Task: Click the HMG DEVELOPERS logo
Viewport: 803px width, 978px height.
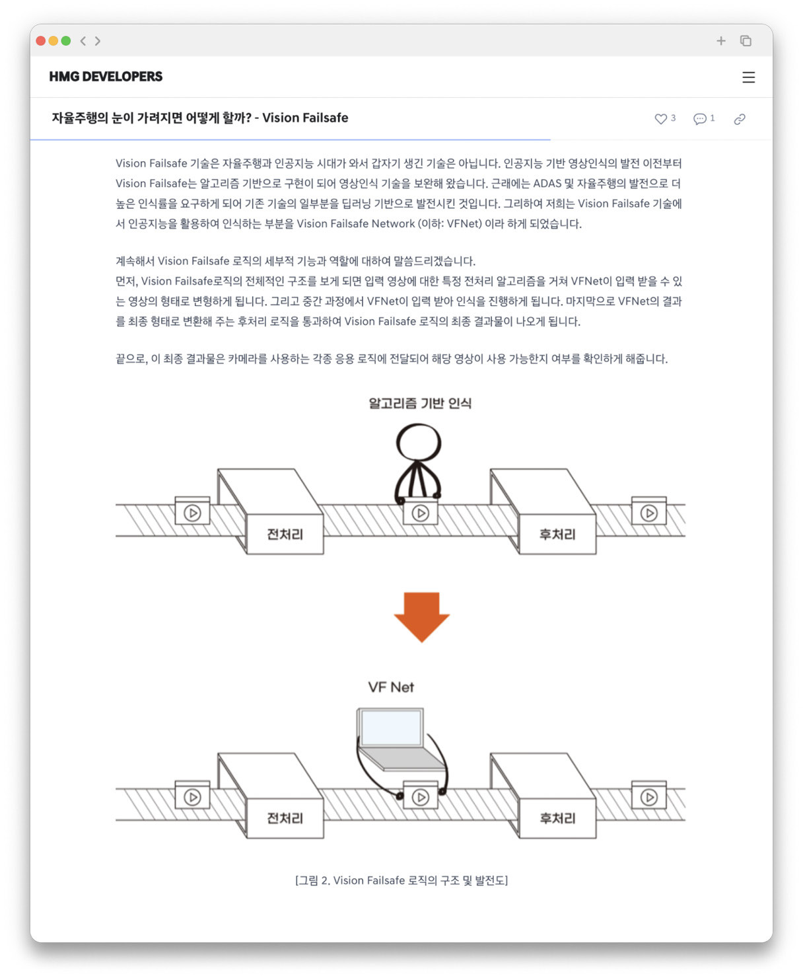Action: pyautogui.click(x=106, y=77)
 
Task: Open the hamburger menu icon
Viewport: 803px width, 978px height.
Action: pyautogui.click(x=748, y=77)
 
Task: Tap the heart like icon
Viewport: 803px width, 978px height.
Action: pyautogui.click(x=660, y=119)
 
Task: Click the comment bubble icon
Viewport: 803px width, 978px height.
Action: pyautogui.click(x=699, y=119)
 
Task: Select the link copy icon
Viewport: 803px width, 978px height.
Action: pyautogui.click(x=740, y=119)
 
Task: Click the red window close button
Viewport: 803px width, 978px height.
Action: pyautogui.click(x=41, y=41)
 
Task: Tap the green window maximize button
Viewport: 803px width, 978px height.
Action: pyautogui.click(x=66, y=41)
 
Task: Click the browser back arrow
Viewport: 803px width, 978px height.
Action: pyautogui.click(x=83, y=41)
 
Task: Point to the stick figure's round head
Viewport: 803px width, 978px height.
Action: pyautogui.click(x=419, y=442)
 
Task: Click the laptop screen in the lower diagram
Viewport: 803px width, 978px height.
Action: pyautogui.click(x=392, y=728)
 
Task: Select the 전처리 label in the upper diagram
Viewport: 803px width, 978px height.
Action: pyautogui.click(x=285, y=534)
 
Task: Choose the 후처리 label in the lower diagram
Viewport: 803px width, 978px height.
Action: pyautogui.click(x=557, y=818)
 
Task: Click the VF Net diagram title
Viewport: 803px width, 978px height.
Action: pyautogui.click(x=391, y=687)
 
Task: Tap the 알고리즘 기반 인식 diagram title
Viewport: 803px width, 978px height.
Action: pyautogui.click(x=420, y=403)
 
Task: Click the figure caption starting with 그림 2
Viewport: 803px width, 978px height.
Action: pyautogui.click(x=401, y=880)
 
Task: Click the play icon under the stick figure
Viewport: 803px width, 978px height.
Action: pyautogui.click(x=421, y=513)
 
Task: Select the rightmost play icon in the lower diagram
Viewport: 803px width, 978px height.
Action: pyautogui.click(x=649, y=797)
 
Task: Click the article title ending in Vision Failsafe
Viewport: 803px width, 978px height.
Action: pyautogui.click(x=200, y=118)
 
